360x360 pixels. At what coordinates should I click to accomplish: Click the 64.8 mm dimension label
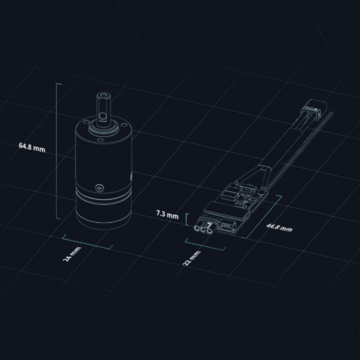tap(32, 148)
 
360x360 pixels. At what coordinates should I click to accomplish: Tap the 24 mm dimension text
tap(72, 254)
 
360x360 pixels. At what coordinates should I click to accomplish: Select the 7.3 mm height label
tap(167, 215)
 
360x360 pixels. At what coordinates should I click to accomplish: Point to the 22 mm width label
tap(192, 258)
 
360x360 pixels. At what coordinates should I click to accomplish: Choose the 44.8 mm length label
tap(279, 228)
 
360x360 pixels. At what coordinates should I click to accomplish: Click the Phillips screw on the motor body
tap(99, 188)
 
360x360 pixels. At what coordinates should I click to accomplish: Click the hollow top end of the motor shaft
tap(104, 96)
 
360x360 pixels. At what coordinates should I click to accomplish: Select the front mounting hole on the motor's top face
tap(100, 140)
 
